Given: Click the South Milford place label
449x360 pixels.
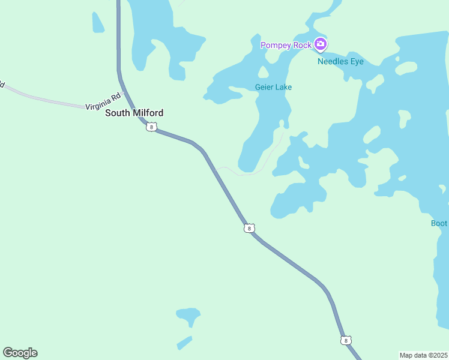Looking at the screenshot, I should point(134,113).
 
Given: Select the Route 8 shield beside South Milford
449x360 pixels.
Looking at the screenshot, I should point(151,127).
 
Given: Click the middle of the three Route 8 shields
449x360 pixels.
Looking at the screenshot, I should point(249,228).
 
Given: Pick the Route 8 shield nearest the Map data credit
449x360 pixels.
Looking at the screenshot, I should point(345,340).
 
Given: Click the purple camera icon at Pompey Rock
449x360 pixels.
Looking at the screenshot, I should point(321,44).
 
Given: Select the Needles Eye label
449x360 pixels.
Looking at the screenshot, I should point(340,61).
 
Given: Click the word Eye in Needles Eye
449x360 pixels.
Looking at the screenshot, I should point(357,61).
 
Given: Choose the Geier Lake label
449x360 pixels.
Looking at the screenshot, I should point(273,87).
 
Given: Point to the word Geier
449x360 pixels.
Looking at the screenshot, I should point(264,87).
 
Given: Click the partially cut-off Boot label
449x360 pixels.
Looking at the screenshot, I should point(439,223).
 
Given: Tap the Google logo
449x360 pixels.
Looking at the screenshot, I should point(20,353).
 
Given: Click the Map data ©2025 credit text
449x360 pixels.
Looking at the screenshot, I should point(423,355).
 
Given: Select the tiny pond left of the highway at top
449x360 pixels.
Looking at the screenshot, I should point(97,23).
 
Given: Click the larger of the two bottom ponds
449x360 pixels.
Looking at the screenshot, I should point(188,315).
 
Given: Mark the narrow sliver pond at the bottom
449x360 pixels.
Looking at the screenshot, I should point(184,343).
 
